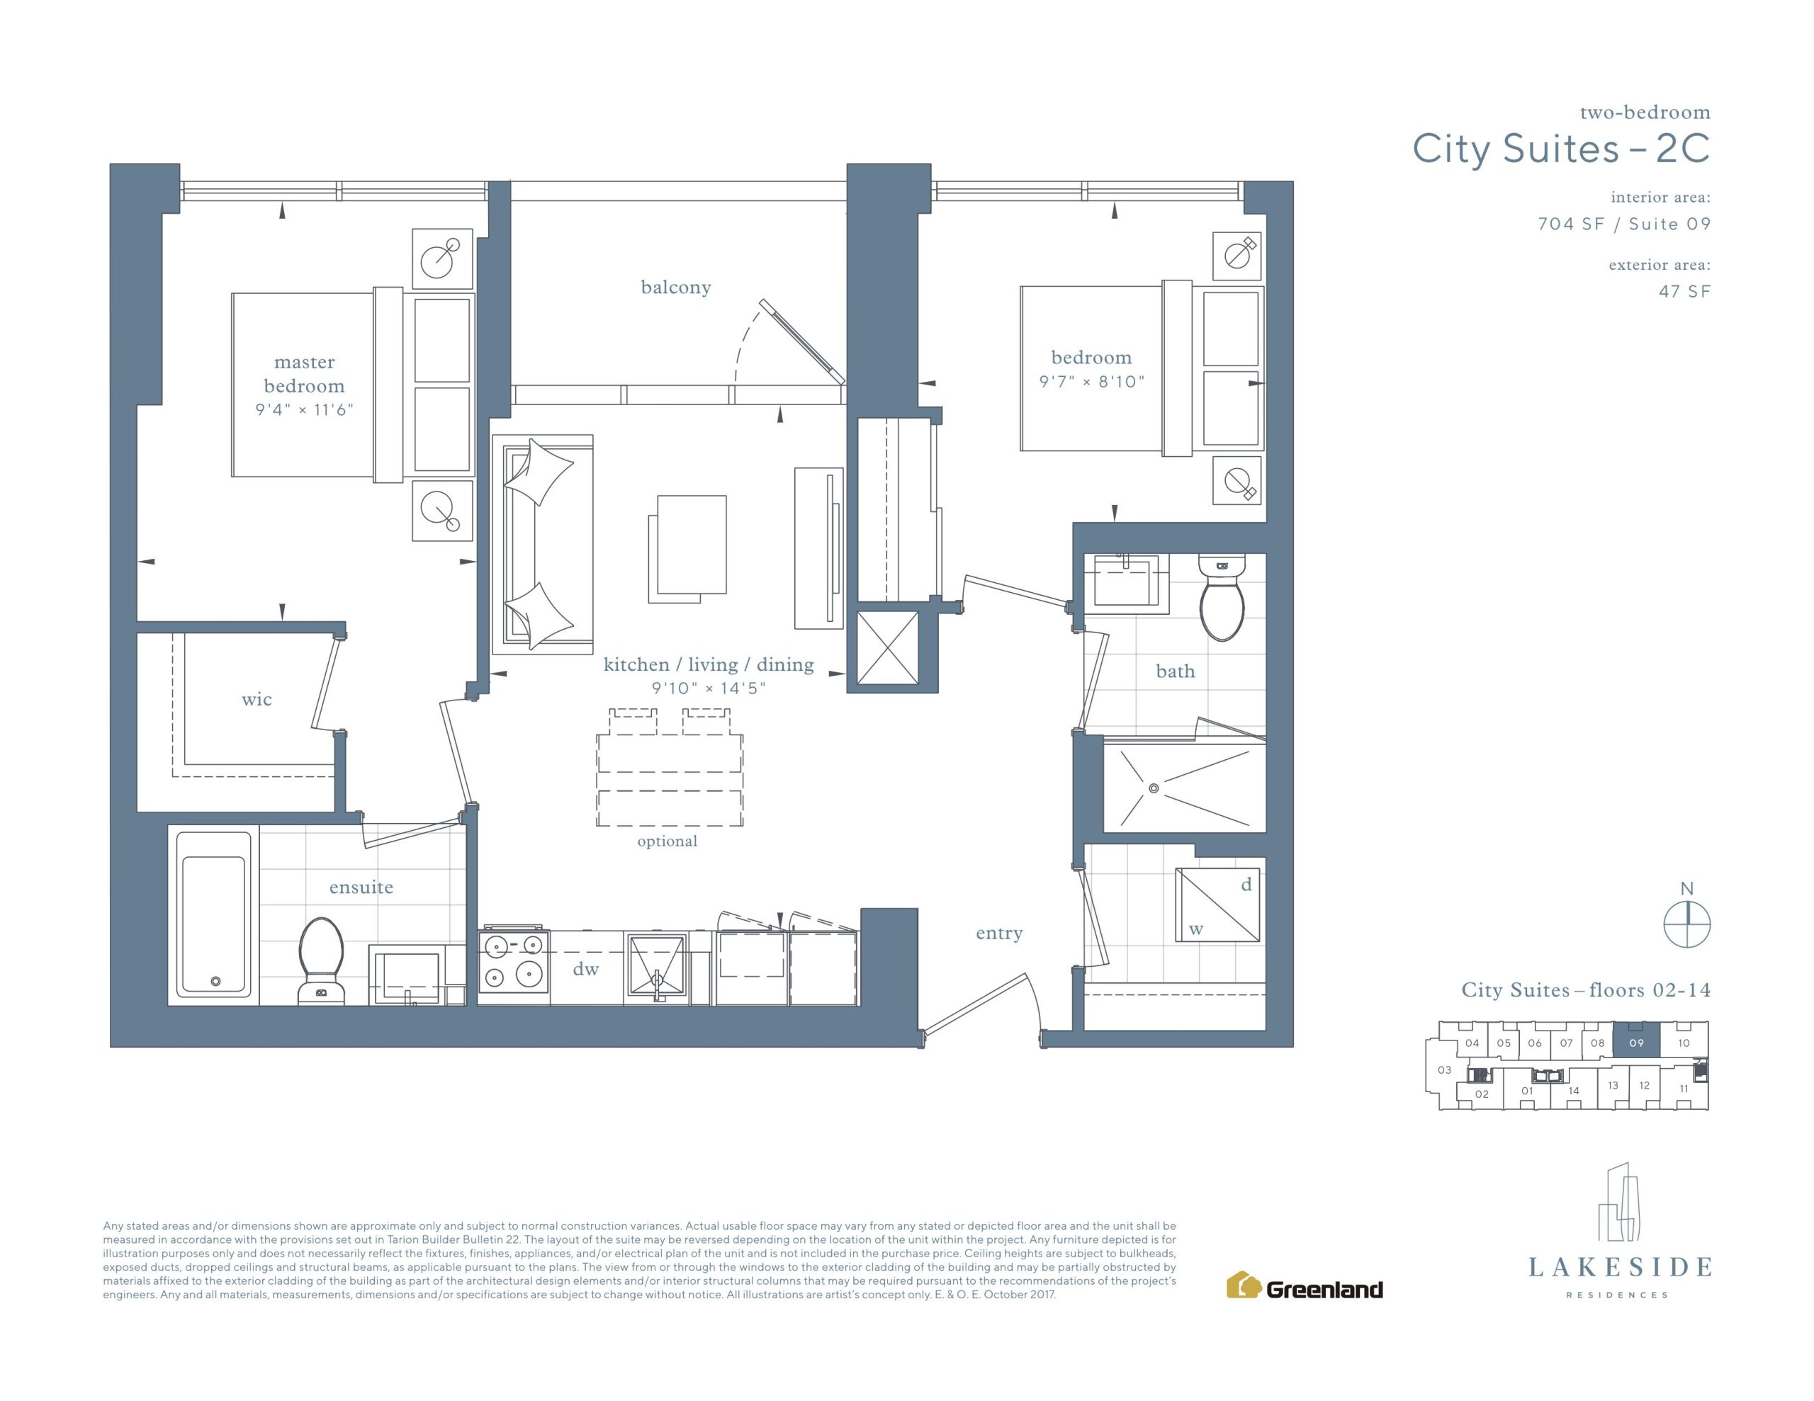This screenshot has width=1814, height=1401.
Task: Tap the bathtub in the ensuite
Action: pyautogui.click(x=213, y=914)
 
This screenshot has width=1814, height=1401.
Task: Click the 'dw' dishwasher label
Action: pyautogui.click(x=585, y=969)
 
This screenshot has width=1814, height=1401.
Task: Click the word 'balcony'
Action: pyautogui.click(x=676, y=288)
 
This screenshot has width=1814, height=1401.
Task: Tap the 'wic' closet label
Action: pyautogui.click(x=257, y=699)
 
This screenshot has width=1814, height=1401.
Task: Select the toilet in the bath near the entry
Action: pyautogui.click(x=1222, y=597)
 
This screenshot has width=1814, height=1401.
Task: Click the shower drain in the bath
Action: pyautogui.click(x=1153, y=788)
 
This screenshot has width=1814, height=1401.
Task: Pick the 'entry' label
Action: pyautogui.click(x=999, y=934)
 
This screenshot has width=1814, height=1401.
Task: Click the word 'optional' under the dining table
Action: pyautogui.click(x=667, y=841)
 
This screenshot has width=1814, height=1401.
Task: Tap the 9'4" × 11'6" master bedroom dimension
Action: pyautogui.click(x=305, y=409)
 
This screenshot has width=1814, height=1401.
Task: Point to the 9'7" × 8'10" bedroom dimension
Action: pyautogui.click(x=1091, y=382)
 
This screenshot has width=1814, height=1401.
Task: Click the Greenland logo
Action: pyautogui.click(x=1304, y=1288)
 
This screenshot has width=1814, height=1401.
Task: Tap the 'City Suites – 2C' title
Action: pyautogui.click(x=1562, y=149)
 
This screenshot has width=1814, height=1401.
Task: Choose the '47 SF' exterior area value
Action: pyautogui.click(x=1684, y=292)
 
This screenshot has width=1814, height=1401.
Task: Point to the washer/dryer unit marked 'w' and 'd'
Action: pyautogui.click(x=1217, y=904)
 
